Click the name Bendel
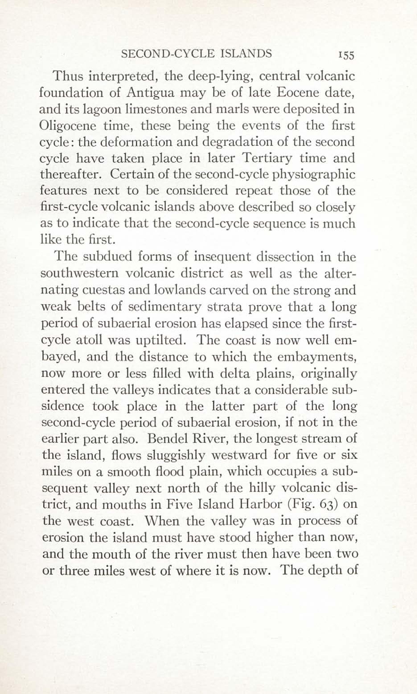pyautogui.click(x=164, y=439)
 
